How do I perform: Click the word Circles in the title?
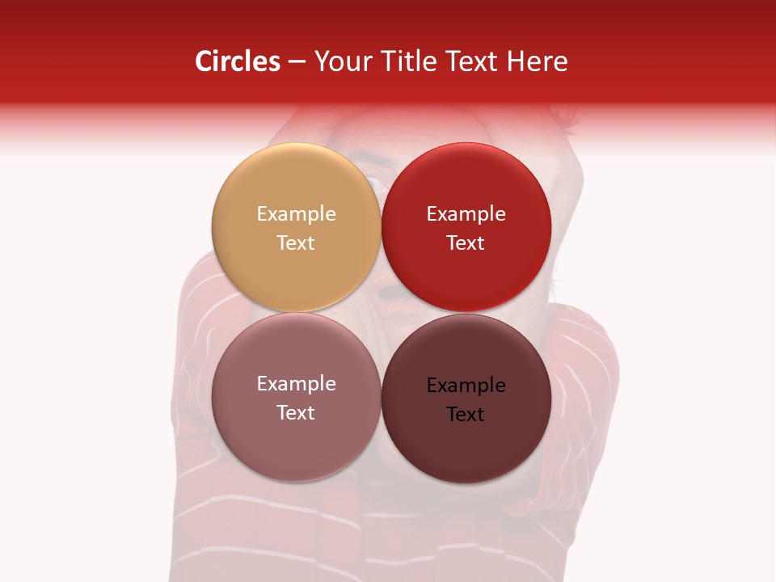[x=238, y=61]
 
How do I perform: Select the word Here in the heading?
[x=537, y=61]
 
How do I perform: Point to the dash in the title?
[x=297, y=61]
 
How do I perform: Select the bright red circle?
[x=466, y=275]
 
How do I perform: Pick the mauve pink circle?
[x=296, y=453]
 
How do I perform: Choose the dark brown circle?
[x=466, y=453]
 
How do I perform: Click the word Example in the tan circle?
[x=296, y=214]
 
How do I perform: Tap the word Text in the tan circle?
[x=296, y=242]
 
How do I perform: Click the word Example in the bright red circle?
[x=466, y=214]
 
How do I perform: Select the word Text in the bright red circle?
[x=466, y=242]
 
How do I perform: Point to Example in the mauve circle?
[x=296, y=384]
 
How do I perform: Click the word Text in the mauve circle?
[x=296, y=412]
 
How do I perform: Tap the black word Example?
[x=466, y=386]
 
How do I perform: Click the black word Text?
[x=466, y=414]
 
